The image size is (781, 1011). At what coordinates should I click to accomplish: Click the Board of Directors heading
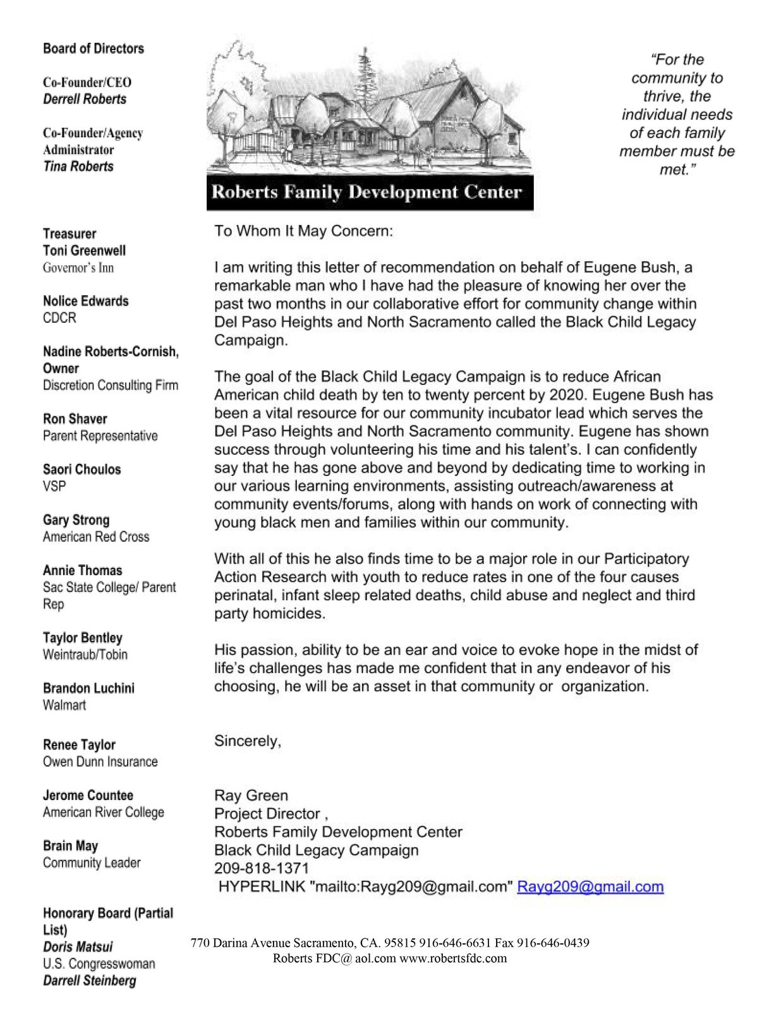(x=94, y=49)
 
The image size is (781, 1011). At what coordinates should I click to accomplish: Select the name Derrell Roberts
(x=85, y=99)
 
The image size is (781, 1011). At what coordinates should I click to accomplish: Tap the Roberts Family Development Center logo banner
(x=370, y=192)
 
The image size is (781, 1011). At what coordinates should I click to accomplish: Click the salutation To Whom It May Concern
(x=303, y=231)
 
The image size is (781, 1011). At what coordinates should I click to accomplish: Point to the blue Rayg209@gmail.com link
(x=590, y=887)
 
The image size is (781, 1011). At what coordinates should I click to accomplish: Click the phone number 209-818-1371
(x=262, y=868)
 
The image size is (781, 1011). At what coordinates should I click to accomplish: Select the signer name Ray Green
(x=251, y=796)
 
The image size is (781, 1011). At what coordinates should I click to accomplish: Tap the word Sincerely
(x=248, y=741)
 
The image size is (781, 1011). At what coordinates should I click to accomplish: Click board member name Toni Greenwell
(x=84, y=251)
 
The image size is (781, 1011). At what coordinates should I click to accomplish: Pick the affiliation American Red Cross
(x=96, y=537)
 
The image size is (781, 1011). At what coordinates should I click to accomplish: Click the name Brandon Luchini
(x=88, y=688)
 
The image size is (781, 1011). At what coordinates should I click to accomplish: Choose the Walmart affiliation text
(x=64, y=705)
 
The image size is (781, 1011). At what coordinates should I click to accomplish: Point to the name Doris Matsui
(x=78, y=947)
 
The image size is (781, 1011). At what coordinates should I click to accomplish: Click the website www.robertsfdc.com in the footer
(x=452, y=958)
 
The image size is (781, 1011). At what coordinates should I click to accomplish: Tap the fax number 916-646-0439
(x=553, y=943)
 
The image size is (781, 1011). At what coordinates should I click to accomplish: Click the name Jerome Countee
(x=88, y=796)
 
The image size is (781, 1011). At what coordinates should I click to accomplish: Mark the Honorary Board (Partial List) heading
(x=107, y=921)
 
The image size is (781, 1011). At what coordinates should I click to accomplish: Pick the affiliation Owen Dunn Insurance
(x=100, y=762)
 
